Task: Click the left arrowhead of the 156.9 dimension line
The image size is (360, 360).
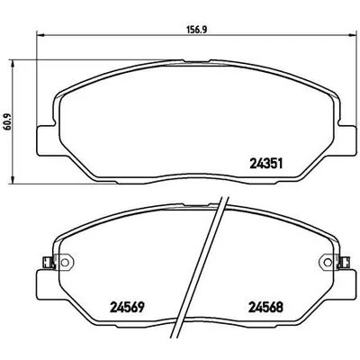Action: click(37, 36)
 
